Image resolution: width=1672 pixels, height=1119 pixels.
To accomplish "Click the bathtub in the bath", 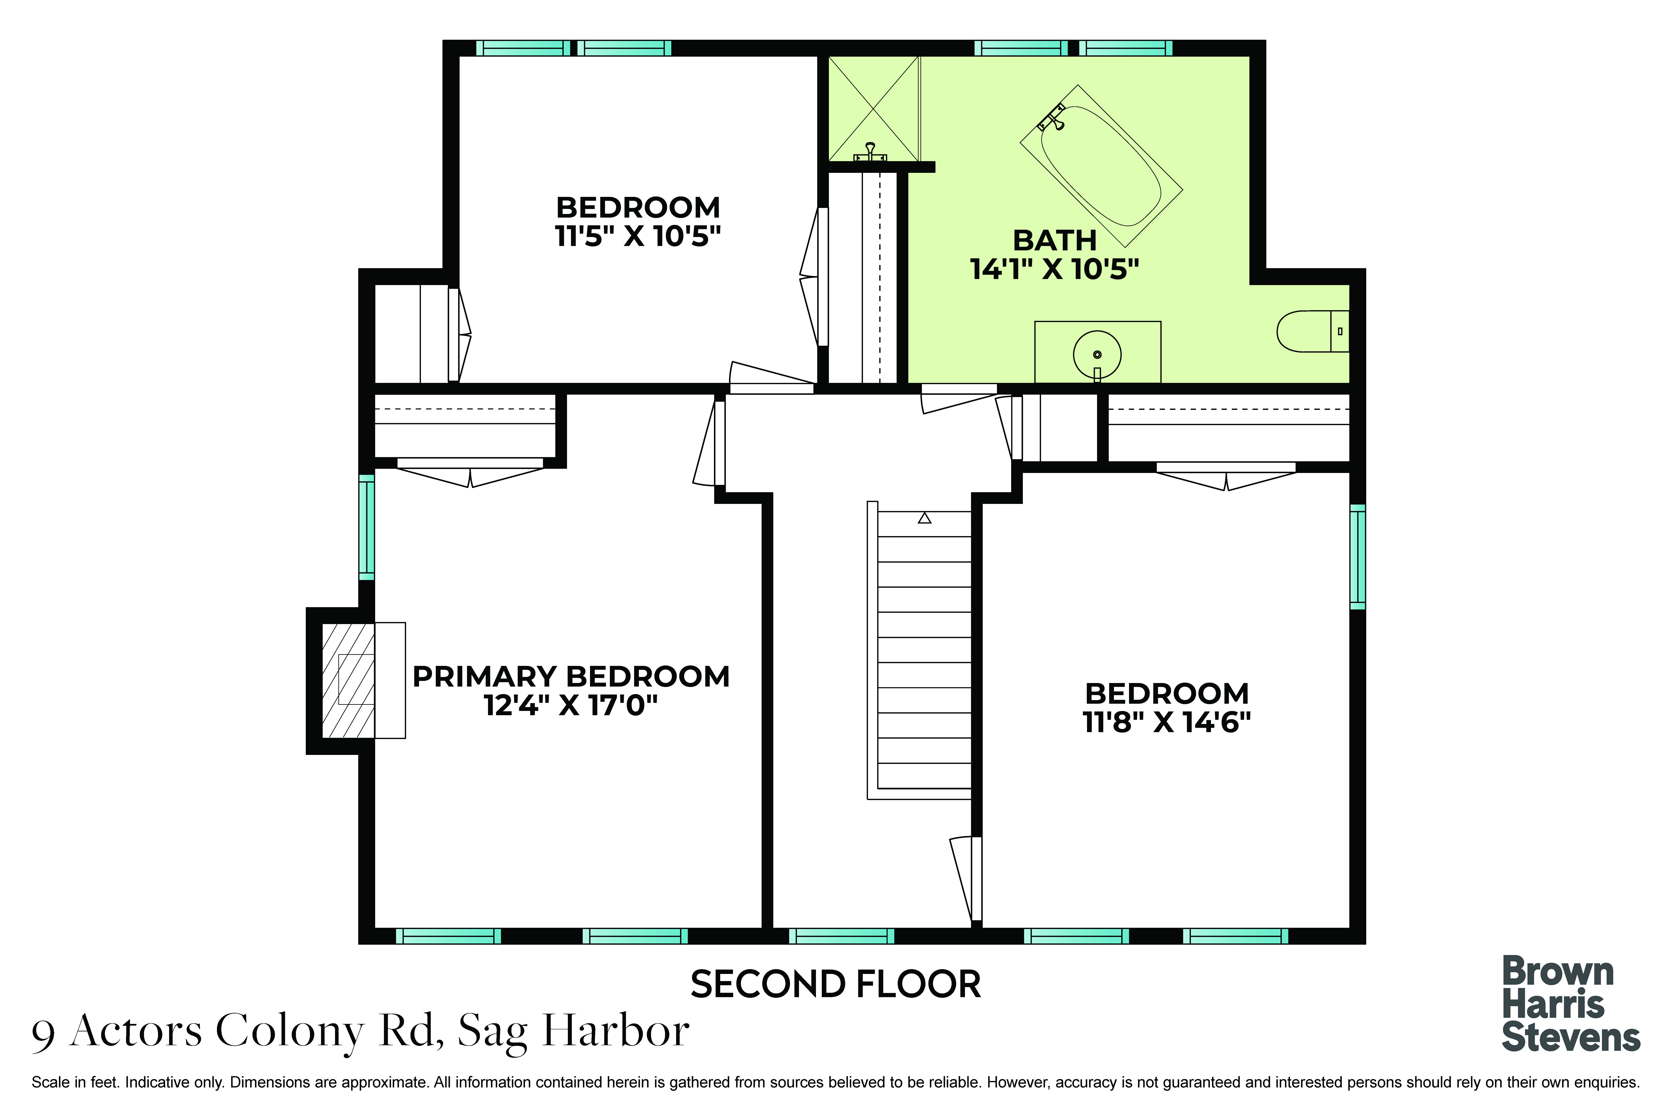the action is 1101,166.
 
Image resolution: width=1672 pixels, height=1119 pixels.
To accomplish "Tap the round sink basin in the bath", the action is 1097,355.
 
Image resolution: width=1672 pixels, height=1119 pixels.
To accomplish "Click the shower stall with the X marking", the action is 873,108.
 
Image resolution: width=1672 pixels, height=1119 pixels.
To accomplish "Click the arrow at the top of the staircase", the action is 925,518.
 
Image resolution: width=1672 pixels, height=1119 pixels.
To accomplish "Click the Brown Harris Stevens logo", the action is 1571,1004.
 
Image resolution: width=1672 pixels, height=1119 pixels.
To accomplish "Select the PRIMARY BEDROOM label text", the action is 571,677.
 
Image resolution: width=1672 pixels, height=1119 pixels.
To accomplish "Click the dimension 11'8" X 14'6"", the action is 1167,722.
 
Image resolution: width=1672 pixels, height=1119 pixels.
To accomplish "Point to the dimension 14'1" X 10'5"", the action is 1054,269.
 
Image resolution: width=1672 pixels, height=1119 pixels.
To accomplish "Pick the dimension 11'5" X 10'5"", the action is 638,236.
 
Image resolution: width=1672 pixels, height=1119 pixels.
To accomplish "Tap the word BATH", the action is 1055,241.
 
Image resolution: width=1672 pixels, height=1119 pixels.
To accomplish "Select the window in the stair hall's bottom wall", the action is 841,936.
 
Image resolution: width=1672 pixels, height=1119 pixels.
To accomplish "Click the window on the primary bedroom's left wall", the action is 366,527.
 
